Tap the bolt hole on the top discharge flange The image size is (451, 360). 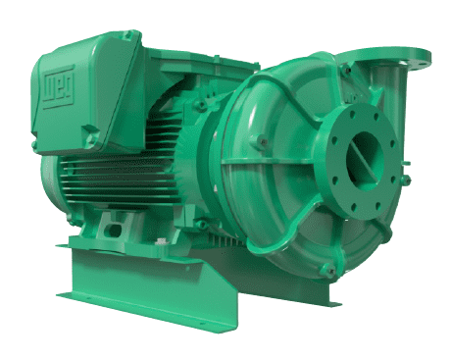[420, 53]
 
